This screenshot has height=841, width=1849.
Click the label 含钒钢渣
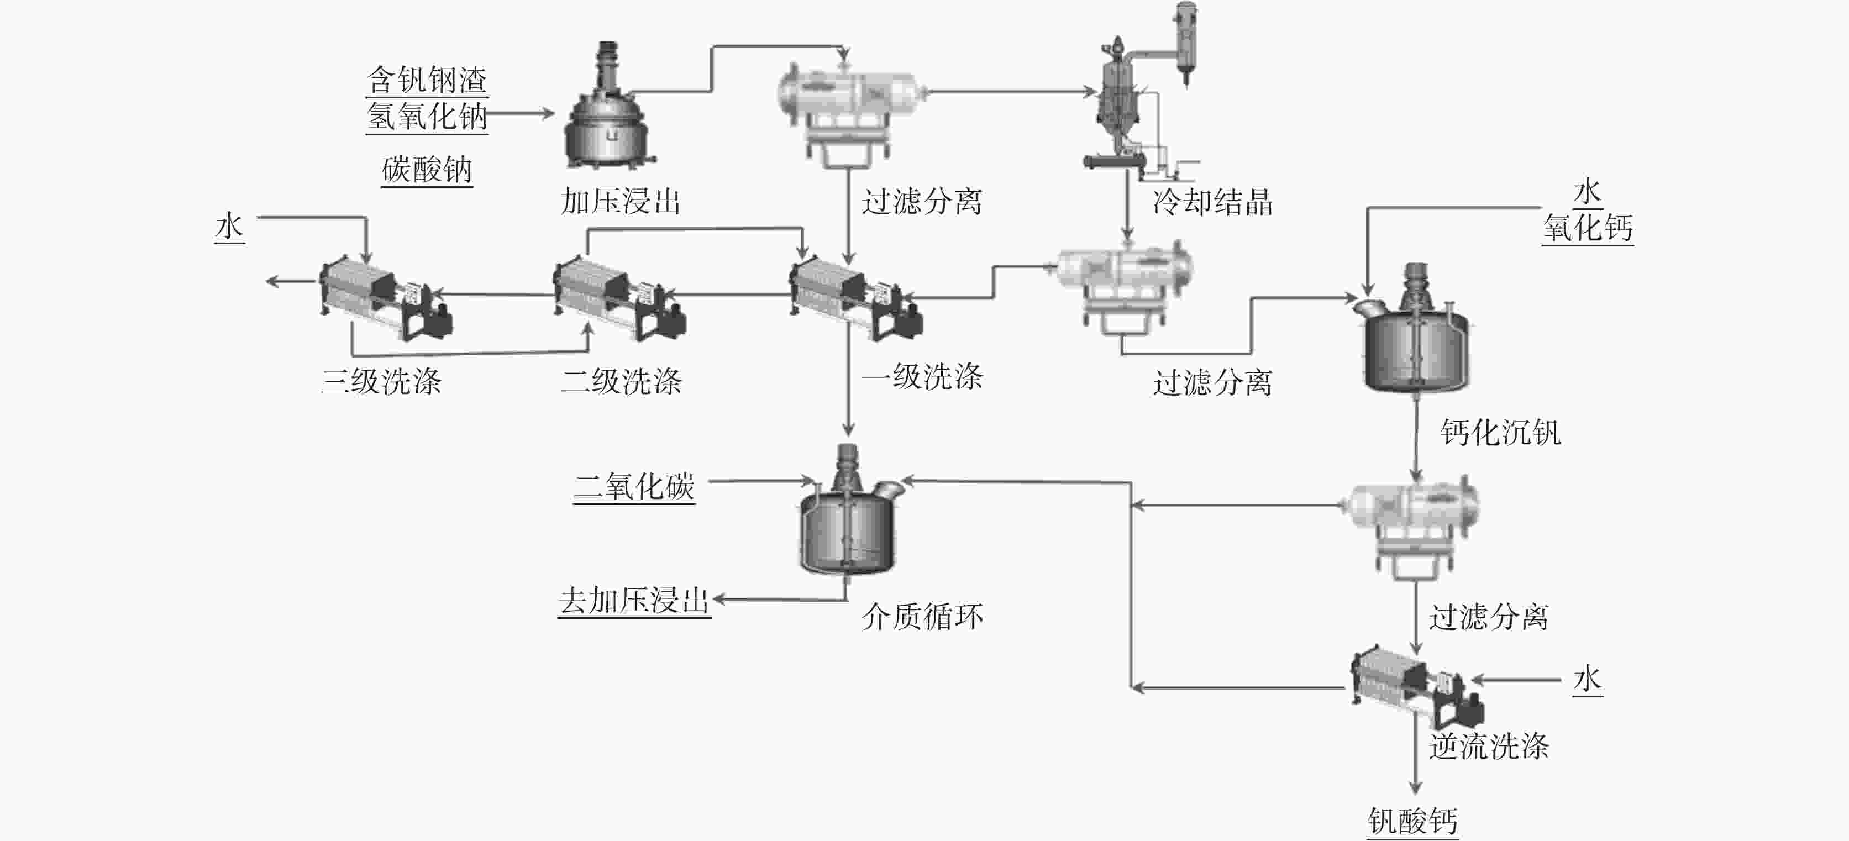tap(427, 80)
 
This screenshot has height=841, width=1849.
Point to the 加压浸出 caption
tap(620, 202)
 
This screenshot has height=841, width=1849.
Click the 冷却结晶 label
tap(1212, 202)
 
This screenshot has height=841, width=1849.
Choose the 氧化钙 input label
tap(1587, 229)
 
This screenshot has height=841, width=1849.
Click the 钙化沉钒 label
tap(1500, 433)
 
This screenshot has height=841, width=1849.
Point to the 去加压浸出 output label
tap(634, 601)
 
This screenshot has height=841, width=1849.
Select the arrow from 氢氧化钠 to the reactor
tap(521, 113)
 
